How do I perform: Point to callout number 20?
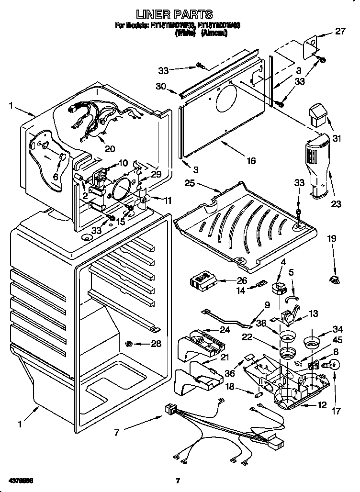click(110, 149)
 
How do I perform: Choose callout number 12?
click(322, 405)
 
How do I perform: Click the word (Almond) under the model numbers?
click(214, 34)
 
